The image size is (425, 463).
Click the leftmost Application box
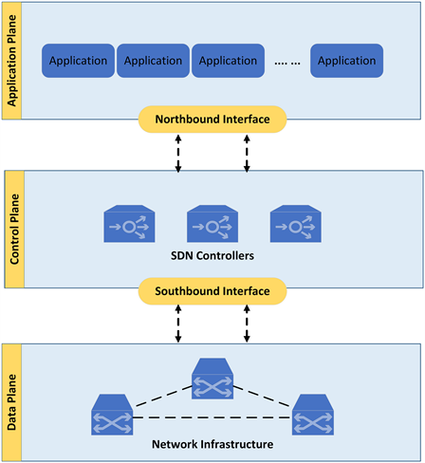pyautogui.click(x=78, y=61)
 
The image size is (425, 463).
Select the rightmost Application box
pyautogui.click(x=347, y=61)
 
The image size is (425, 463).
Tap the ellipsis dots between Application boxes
pyautogui.click(x=287, y=64)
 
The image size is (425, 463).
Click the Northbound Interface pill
pyautogui.click(x=212, y=120)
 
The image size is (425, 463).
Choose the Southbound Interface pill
pyautogui.click(x=212, y=291)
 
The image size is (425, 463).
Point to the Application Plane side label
pyautogui.click(x=11, y=61)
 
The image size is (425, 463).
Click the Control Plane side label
pyautogui.click(x=14, y=230)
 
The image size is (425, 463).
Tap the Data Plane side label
pyautogui.click(x=11, y=402)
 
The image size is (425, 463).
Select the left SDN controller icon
pyautogui.click(x=129, y=224)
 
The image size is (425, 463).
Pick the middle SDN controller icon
pyautogui.click(x=212, y=224)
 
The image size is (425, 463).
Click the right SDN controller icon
pyautogui.click(x=296, y=224)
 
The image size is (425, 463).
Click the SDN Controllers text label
pyautogui.click(x=212, y=255)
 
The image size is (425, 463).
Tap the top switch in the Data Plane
pyautogui.click(x=212, y=379)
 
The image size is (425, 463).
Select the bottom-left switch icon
pyautogui.click(x=112, y=415)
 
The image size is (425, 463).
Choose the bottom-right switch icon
pyautogui.click(x=313, y=415)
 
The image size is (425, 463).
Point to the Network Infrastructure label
pyautogui.click(x=212, y=444)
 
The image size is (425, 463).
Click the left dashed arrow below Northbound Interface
pyautogui.click(x=178, y=154)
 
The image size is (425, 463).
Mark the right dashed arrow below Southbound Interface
pyautogui.click(x=247, y=324)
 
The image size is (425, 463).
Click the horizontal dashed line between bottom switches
pyautogui.click(x=212, y=417)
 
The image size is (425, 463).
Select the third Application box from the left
pyautogui.click(x=228, y=61)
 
